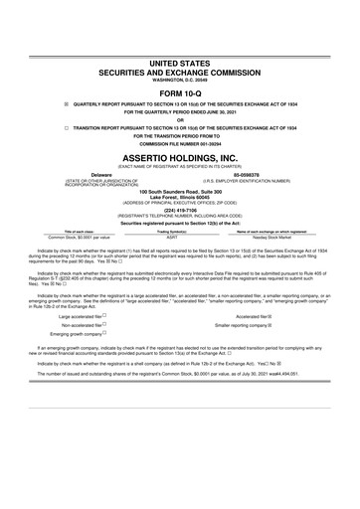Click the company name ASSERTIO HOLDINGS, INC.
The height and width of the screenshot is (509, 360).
click(x=180, y=158)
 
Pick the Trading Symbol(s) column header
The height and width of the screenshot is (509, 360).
click(x=172, y=233)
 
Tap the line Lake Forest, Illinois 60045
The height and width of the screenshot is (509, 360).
click(x=180, y=197)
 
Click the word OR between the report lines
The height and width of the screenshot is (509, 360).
click(x=180, y=119)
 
